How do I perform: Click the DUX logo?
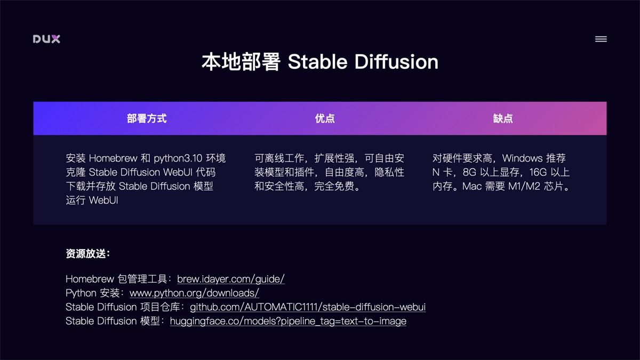click(x=46, y=39)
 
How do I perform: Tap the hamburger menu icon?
click(x=601, y=39)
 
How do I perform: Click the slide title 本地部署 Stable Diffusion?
click(x=320, y=62)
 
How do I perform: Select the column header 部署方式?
click(x=147, y=118)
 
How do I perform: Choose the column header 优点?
click(x=325, y=118)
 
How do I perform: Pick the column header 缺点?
click(x=503, y=118)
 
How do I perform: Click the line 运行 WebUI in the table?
click(x=92, y=201)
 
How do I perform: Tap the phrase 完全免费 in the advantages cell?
click(x=334, y=187)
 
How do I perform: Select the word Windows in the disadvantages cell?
click(x=522, y=158)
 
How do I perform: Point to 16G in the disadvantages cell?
click(x=538, y=172)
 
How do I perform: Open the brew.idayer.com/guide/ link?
click(x=231, y=279)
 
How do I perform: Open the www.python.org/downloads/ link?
click(x=194, y=293)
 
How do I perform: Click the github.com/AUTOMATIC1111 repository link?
click(x=308, y=307)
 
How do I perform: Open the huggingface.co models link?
click(x=288, y=321)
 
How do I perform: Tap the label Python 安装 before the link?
click(x=94, y=293)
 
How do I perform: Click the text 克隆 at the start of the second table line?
click(x=76, y=172)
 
